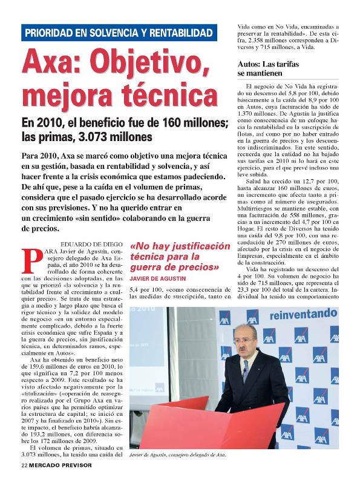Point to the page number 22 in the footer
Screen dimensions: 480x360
click(x=24, y=466)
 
